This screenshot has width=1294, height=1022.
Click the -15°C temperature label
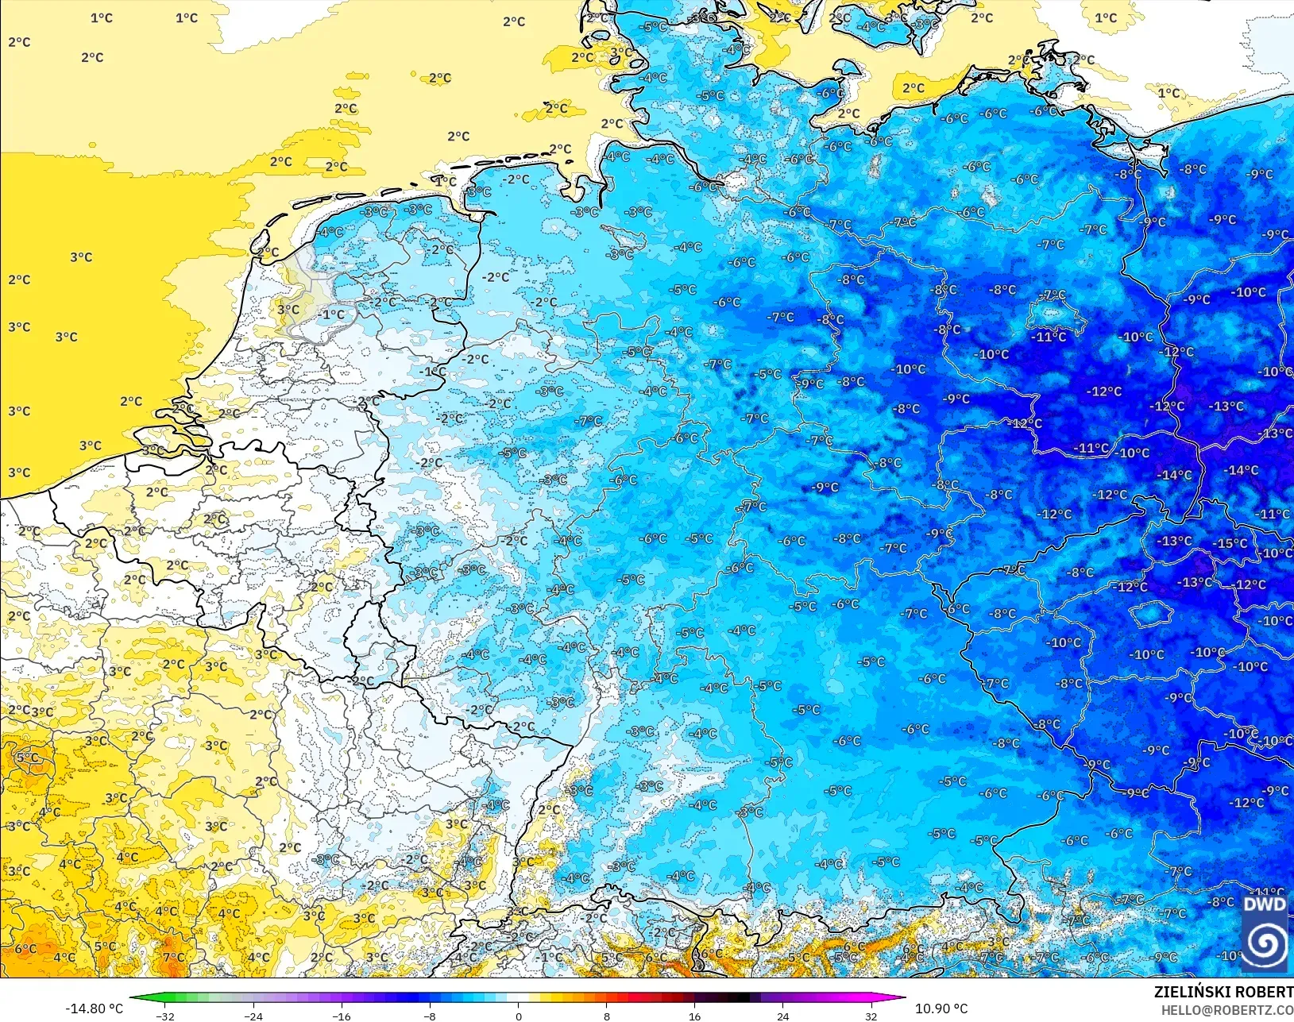click(x=1230, y=544)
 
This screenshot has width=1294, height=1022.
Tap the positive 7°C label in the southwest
click(x=173, y=958)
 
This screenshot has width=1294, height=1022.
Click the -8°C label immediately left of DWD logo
click(x=1220, y=902)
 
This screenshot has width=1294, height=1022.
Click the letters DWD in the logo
click(x=1265, y=904)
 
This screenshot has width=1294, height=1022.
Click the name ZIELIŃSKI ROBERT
click(x=1223, y=992)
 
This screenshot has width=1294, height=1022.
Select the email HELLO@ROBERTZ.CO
click(x=1227, y=1010)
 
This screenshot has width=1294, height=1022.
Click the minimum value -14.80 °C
click(x=94, y=1009)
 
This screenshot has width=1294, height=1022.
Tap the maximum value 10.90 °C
click(x=941, y=1009)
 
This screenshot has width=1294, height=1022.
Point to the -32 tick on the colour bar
click(x=165, y=1016)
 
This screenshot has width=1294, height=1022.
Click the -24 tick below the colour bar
click(x=253, y=1016)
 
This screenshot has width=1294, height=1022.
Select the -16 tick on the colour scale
click(x=342, y=1016)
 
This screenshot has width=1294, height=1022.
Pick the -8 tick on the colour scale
click(x=430, y=1016)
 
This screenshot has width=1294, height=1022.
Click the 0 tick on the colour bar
click(x=519, y=1016)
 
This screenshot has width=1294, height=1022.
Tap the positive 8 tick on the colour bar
click(x=607, y=1016)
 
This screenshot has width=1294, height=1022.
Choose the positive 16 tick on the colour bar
click(x=695, y=1016)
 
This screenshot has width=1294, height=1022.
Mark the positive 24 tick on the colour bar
click(x=783, y=1016)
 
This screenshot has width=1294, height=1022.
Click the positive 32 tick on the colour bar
click(x=871, y=1016)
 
